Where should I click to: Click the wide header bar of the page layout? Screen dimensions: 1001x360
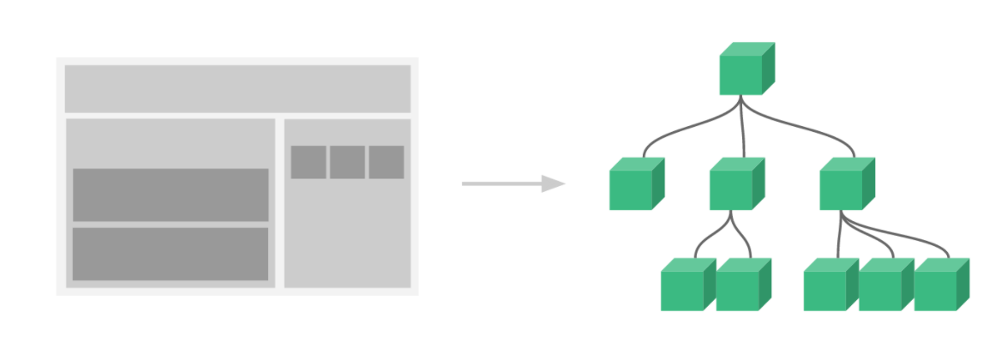238,88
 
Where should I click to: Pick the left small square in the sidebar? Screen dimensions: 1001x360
309,162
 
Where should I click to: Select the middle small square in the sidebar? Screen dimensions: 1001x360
347,162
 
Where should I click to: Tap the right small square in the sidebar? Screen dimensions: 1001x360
387,162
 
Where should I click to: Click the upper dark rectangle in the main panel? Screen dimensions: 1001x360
171,195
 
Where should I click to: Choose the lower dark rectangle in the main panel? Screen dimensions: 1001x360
171,254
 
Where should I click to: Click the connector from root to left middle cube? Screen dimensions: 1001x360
677,132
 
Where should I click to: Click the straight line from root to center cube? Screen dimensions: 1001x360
743,129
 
